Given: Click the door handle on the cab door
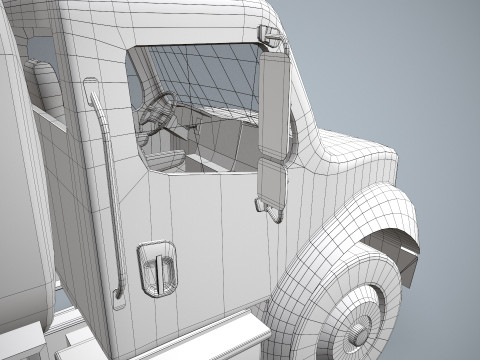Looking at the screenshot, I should tap(157, 267).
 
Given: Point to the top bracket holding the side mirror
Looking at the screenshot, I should tap(270, 39).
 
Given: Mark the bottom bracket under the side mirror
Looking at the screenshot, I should tap(268, 207).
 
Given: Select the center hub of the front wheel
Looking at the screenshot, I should tap(359, 329).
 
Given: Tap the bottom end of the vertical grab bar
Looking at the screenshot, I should tap(119, 291).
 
